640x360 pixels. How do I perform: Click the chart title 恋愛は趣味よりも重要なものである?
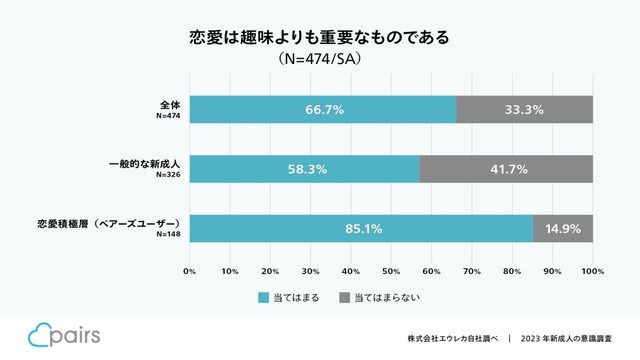(x=319, y=37)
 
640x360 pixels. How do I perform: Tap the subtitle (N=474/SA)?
(x=319, y=60)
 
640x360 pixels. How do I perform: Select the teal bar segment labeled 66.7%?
(x=323, y=109)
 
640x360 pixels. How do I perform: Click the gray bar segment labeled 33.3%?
(x=524, y=109)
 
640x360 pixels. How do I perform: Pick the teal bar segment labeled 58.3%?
(x=305, y=169)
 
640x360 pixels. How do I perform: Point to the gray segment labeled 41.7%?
(x=506, y=169)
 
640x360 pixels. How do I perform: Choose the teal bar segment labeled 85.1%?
(x=361, y=228)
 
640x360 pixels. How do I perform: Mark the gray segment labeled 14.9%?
(x=563, y=228)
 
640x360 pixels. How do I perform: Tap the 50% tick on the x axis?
(x=391, y=270)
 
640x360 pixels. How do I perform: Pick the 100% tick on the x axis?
(x=592, y=270)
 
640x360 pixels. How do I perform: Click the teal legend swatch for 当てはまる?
(x=264, y=297)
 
